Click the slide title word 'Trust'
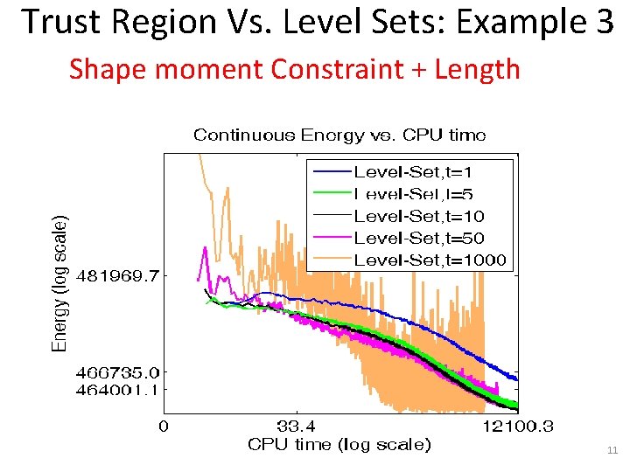[x=58, y=22]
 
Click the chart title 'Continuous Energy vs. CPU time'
[x=339, y=135]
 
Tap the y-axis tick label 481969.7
[x=119, y=276]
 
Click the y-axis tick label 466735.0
[x=119, y=373]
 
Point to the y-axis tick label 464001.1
[x=119, y=390]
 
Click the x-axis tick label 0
[x=163, y=427]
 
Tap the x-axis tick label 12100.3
[x=517, y=427]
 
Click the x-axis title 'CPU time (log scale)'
[x=339, y=444]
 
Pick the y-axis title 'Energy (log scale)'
[x=59, y=283]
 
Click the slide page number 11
[x=612, y=451]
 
